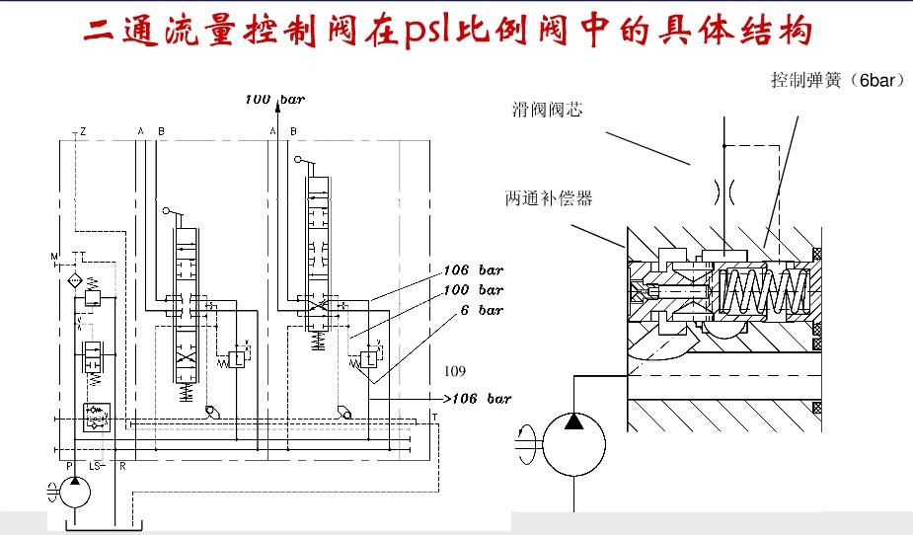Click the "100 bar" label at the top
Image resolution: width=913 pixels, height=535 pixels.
pos(275,100)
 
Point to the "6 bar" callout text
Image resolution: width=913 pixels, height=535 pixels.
pos(483,310)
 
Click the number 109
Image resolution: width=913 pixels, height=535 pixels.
pos(454,371)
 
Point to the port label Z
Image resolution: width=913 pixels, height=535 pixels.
pos(83,131)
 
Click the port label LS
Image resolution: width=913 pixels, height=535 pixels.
pos(96,464)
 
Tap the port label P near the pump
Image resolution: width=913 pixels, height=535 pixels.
pos(68,464)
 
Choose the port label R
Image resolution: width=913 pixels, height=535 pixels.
pos(121,464)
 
